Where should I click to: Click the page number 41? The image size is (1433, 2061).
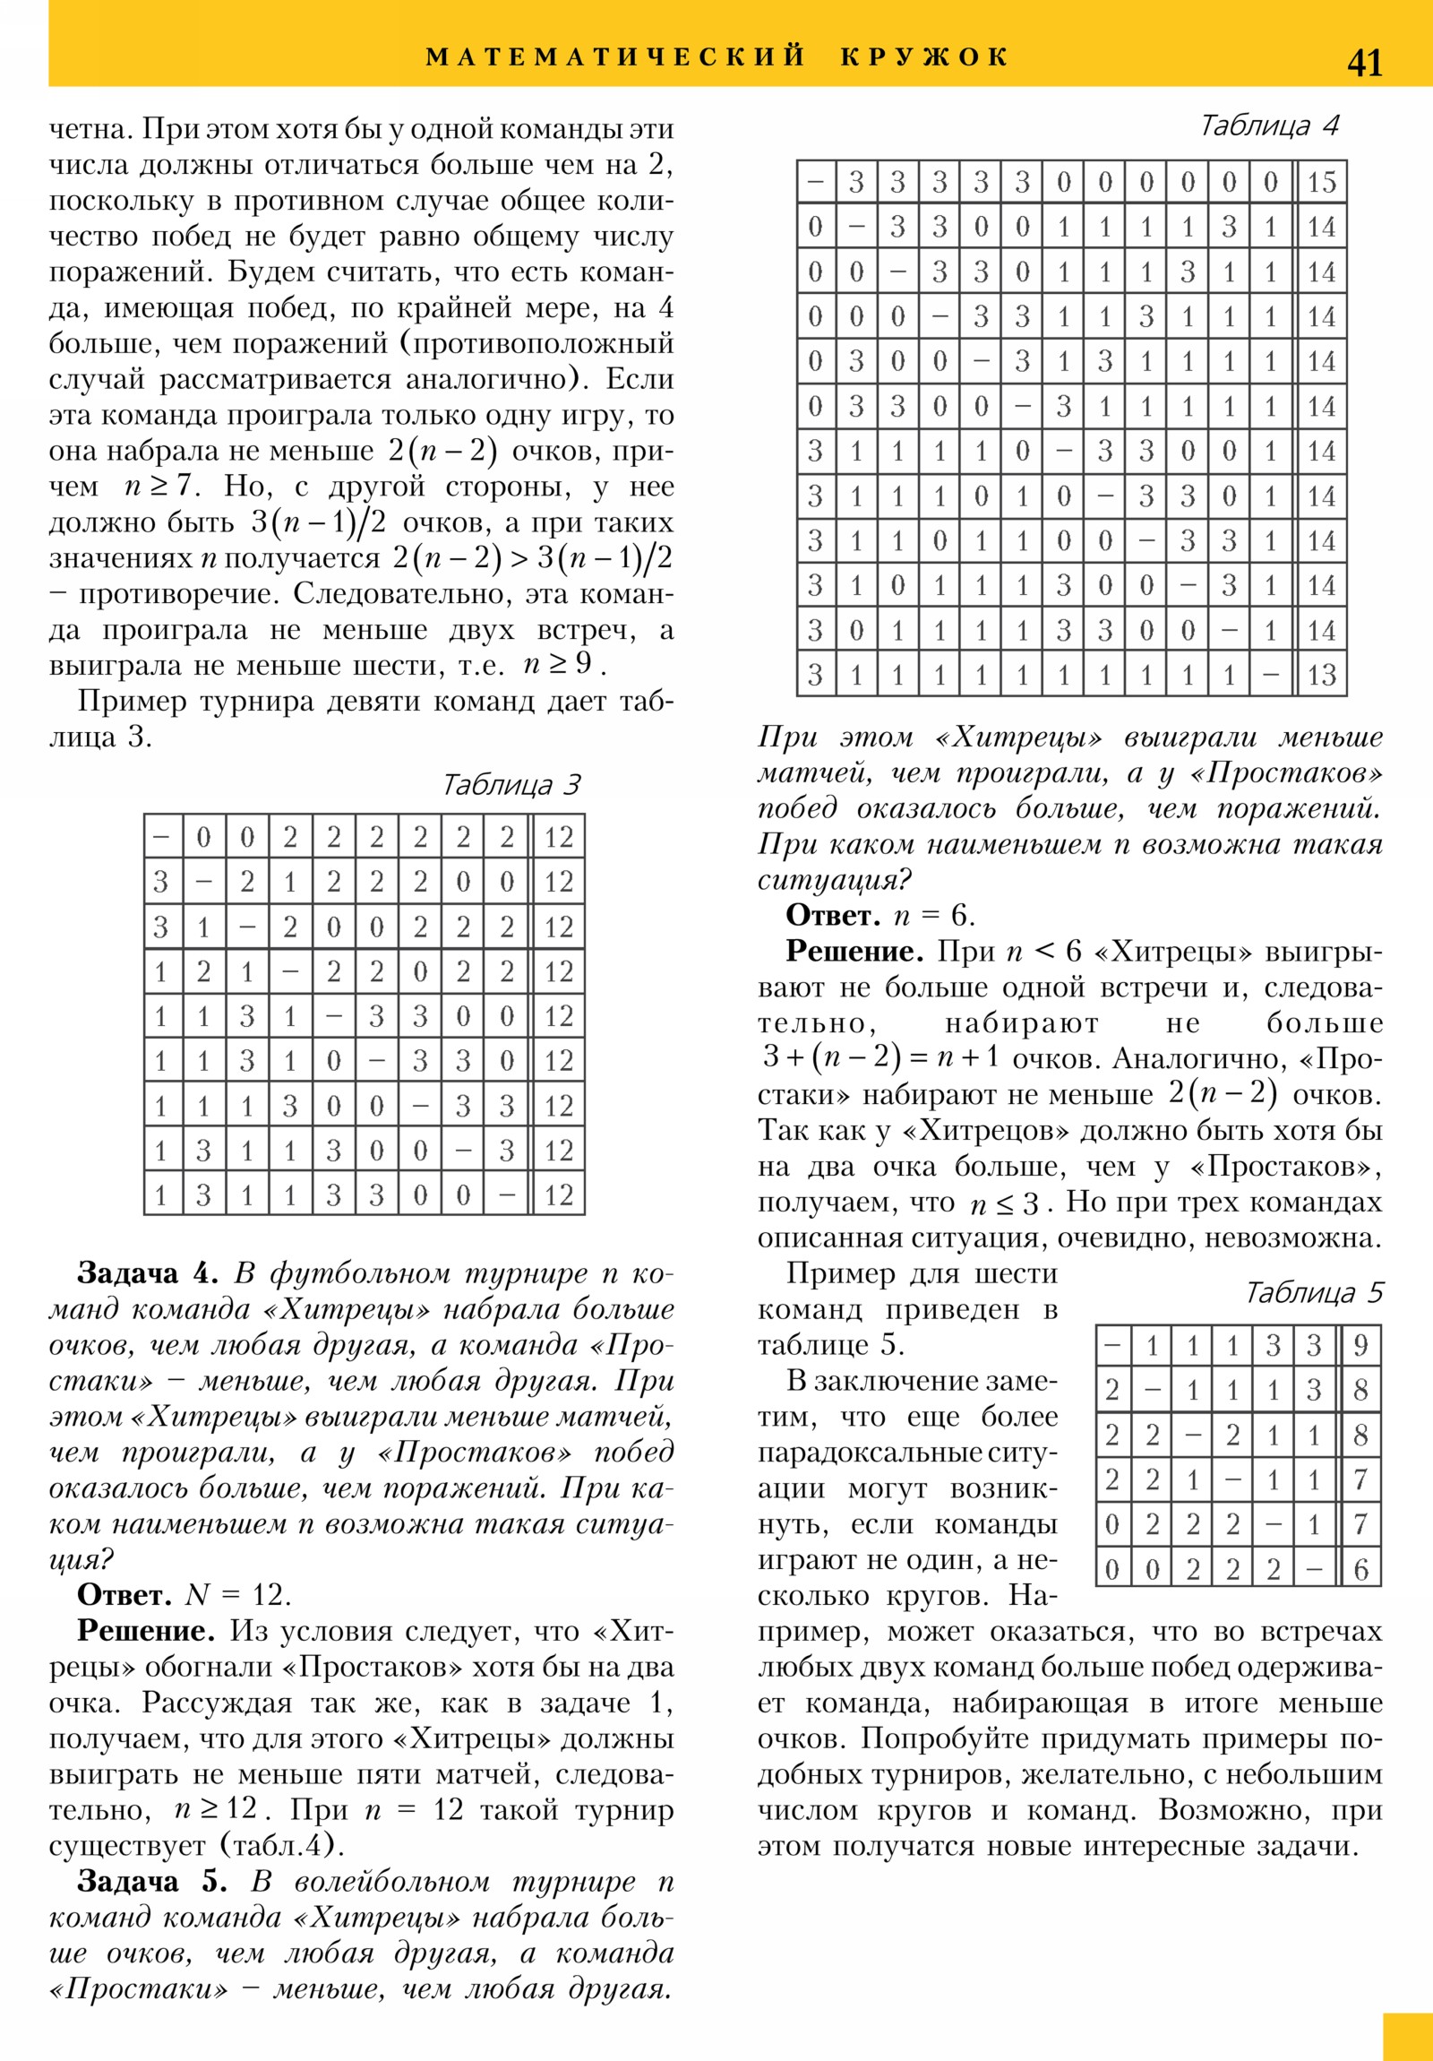[1364, 63]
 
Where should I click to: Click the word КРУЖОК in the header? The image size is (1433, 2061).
[925, 56]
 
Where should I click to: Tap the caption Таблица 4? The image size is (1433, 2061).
[1269, 125]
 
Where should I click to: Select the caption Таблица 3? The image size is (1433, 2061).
[511, 786]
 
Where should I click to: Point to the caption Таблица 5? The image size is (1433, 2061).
[1314, 1293]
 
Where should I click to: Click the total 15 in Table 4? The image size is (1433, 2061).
[1321, 182]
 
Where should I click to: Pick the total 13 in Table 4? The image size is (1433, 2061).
[1321, 675]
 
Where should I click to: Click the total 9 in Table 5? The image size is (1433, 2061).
[1360, 1346]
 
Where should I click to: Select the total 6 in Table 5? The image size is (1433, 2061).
[1360, 1570]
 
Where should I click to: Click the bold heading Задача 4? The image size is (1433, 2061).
[148, 1273]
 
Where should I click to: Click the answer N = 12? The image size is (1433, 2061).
[237, 1595]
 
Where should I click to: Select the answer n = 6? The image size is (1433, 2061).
[933, 916]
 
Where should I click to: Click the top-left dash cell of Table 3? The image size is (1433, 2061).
[162, 837]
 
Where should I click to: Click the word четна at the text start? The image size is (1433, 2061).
[90, 130]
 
